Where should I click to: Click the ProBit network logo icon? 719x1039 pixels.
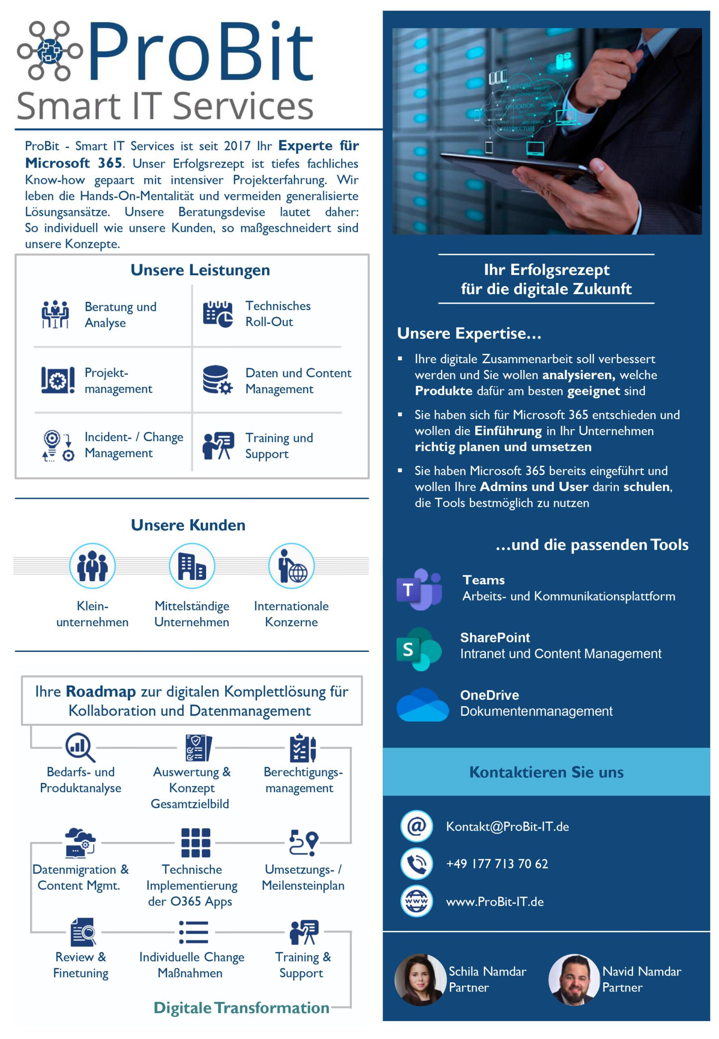50,50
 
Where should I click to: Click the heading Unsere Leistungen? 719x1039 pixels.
200,270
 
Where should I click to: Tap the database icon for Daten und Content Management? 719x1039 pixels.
217,379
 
